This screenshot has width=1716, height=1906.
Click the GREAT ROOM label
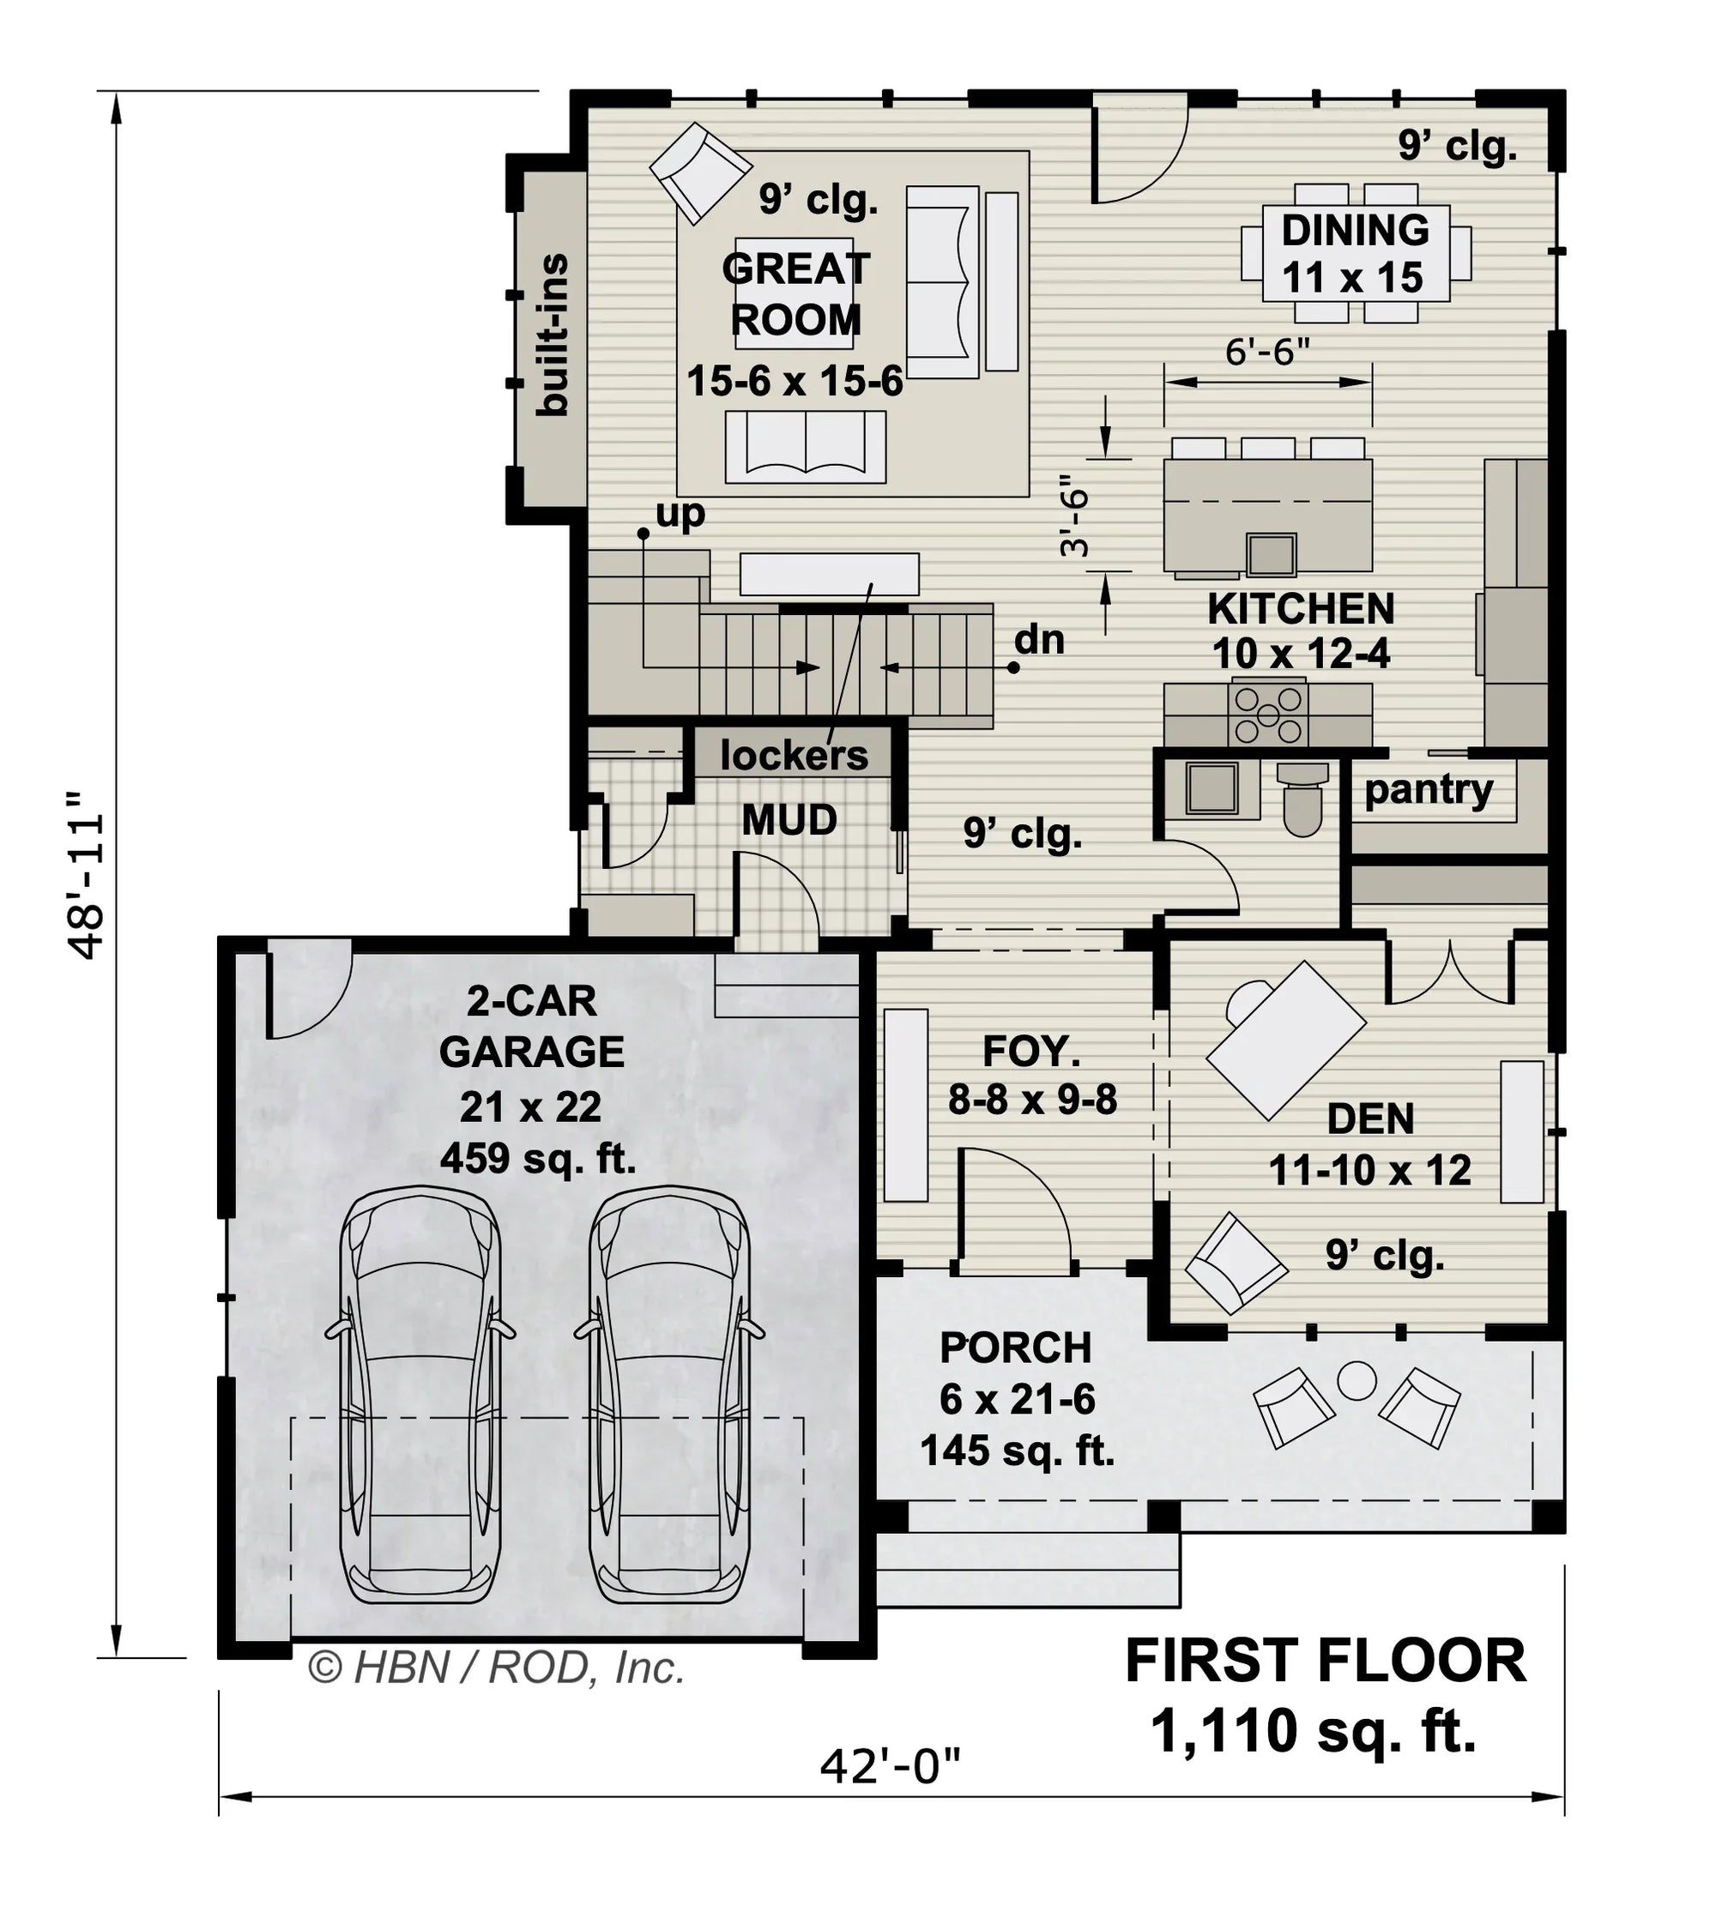(795, 295)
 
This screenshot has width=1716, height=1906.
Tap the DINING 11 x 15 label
(1354, 254)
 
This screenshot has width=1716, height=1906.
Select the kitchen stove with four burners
(1267, 714)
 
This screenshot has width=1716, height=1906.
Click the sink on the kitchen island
(1271, 553)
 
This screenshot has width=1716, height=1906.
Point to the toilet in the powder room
(1303, 803)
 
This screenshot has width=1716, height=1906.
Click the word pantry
(1428, 790)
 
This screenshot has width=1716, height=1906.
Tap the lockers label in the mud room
(793, 755)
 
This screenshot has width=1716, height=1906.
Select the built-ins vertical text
(553, 335)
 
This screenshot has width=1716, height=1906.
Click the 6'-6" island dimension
(1267, 353)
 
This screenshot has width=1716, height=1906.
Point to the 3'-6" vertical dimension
(1075, 522)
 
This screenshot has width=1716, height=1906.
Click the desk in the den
(1287, 1040)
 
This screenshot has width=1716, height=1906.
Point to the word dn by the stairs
(1039, 640)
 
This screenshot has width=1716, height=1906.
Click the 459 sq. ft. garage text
(537, 1159)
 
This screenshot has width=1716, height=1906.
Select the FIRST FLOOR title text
(1325, 1661)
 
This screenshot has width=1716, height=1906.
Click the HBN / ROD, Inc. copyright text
(497, 1668)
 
